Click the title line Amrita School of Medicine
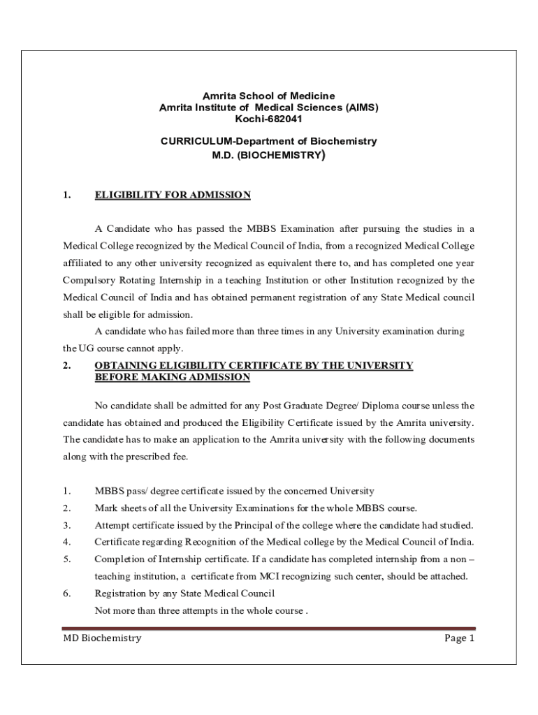pos(268,95)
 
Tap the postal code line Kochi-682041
pos(268,119)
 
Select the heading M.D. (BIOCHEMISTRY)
pos(268,155)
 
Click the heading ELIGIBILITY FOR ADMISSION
pos(172,195)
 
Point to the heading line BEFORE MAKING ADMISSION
pos(172,377)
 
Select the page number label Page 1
pos(459,637)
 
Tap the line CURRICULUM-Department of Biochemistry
pos(268,141)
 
